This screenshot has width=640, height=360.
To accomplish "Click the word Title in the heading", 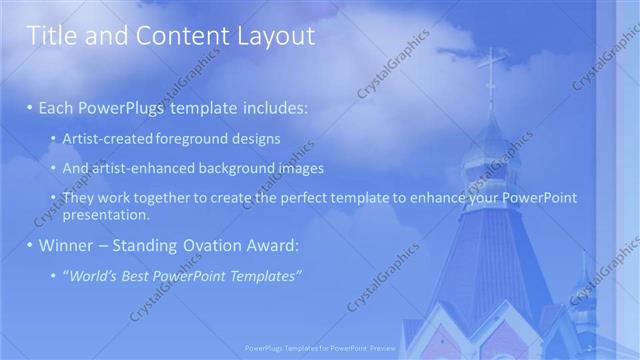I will tap(50, 37).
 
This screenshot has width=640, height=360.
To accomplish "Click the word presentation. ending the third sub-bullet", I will tap(105, 214).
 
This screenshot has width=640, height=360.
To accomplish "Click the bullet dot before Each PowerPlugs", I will tap(30, 107).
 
